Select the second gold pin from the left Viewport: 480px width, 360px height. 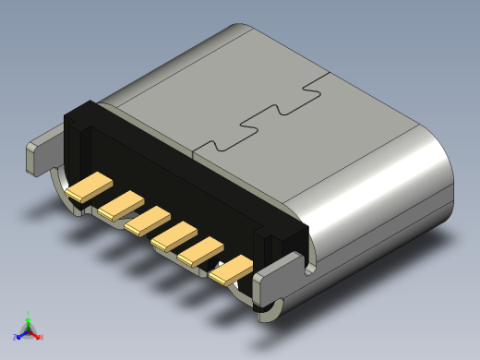coord(121,204)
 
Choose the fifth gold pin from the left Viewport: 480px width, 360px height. coord(202,253)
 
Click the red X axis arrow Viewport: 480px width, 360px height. coord(36,335)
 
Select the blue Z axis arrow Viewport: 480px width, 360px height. coord(20,334)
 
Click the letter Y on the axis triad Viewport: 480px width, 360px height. coord(29,312)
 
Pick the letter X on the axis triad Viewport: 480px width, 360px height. coord(42,337)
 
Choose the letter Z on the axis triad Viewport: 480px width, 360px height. coord(15,337)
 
